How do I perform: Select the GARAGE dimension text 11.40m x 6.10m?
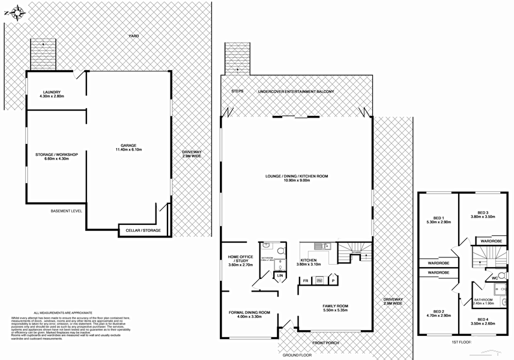tap(128, 149)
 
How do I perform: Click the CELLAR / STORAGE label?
tap(143, 230)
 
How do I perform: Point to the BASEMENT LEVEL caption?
tap(67, 211)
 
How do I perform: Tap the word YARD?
tap(133, 37)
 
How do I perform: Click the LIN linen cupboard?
tap(279, 276)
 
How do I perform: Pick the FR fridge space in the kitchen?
tap(305, 280)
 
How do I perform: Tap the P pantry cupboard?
tap(333, 280)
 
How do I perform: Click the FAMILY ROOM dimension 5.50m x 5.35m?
tap(335, 311)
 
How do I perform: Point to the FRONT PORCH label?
tap(325, 344)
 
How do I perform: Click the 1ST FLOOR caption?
tap(461, 343)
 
